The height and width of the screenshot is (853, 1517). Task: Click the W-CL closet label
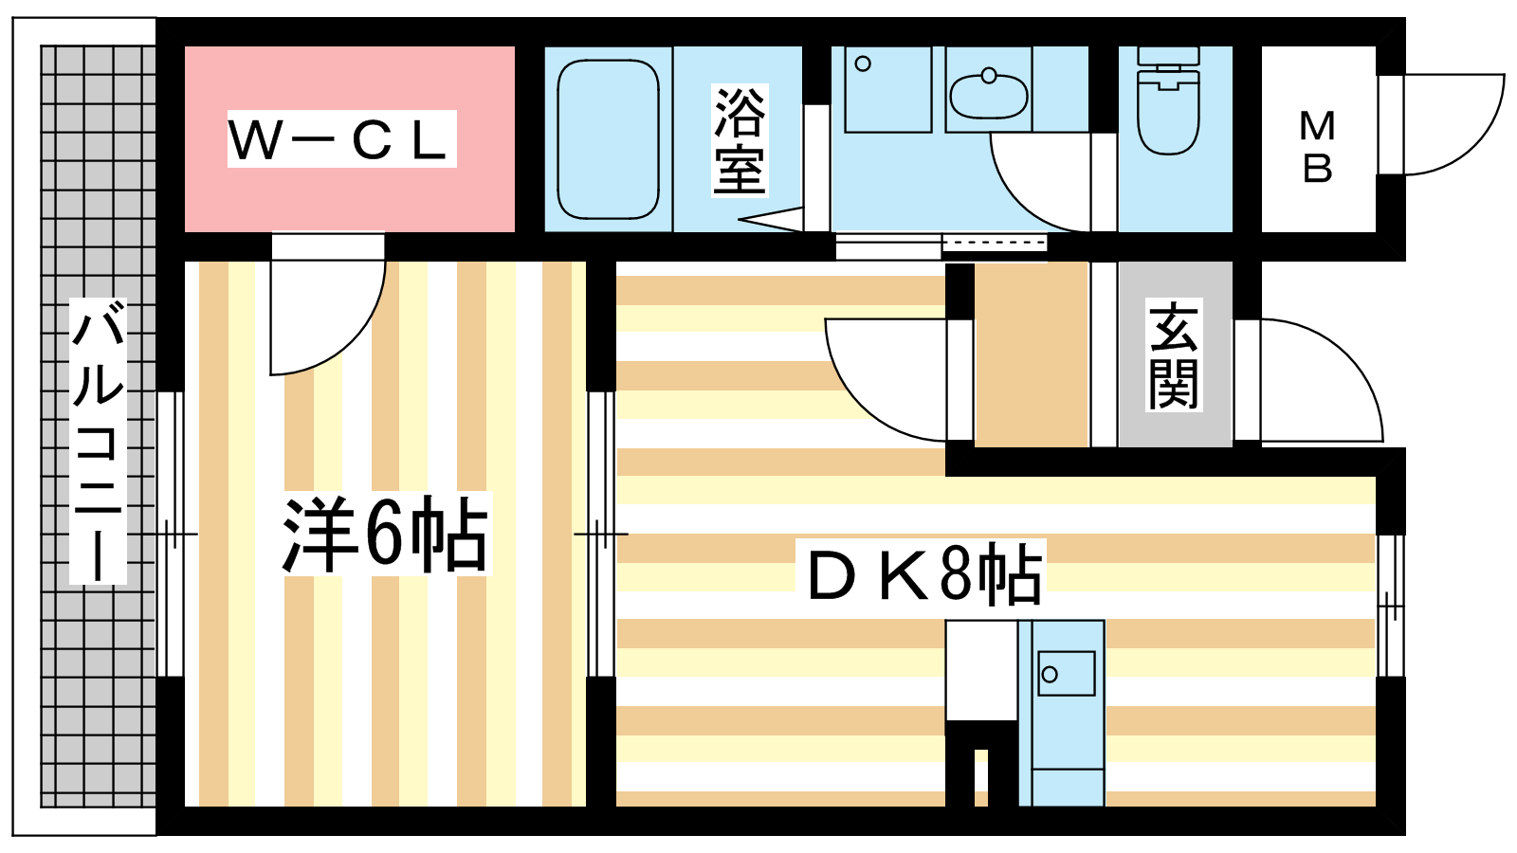[341, 139]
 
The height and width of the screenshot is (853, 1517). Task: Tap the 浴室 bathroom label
[740, 140]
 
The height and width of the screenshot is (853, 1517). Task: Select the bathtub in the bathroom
[608, 139]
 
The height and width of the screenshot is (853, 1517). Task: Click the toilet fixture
[1168, 100]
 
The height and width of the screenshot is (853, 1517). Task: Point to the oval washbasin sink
[989, 96]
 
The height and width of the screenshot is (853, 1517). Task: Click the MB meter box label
[1317, 147]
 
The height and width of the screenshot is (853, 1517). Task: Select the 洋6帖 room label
[385, 535]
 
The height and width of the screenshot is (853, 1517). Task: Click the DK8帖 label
[925, 572]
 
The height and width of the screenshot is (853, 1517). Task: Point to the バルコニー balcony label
[99, 441]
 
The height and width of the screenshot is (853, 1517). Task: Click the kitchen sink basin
[1067, 673]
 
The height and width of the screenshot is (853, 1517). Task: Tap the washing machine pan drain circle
[863, 64]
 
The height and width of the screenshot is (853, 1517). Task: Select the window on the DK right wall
[1390, 606]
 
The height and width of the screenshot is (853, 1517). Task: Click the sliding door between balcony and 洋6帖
[171, 535]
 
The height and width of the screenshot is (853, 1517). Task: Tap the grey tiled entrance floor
[1175, 354]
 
